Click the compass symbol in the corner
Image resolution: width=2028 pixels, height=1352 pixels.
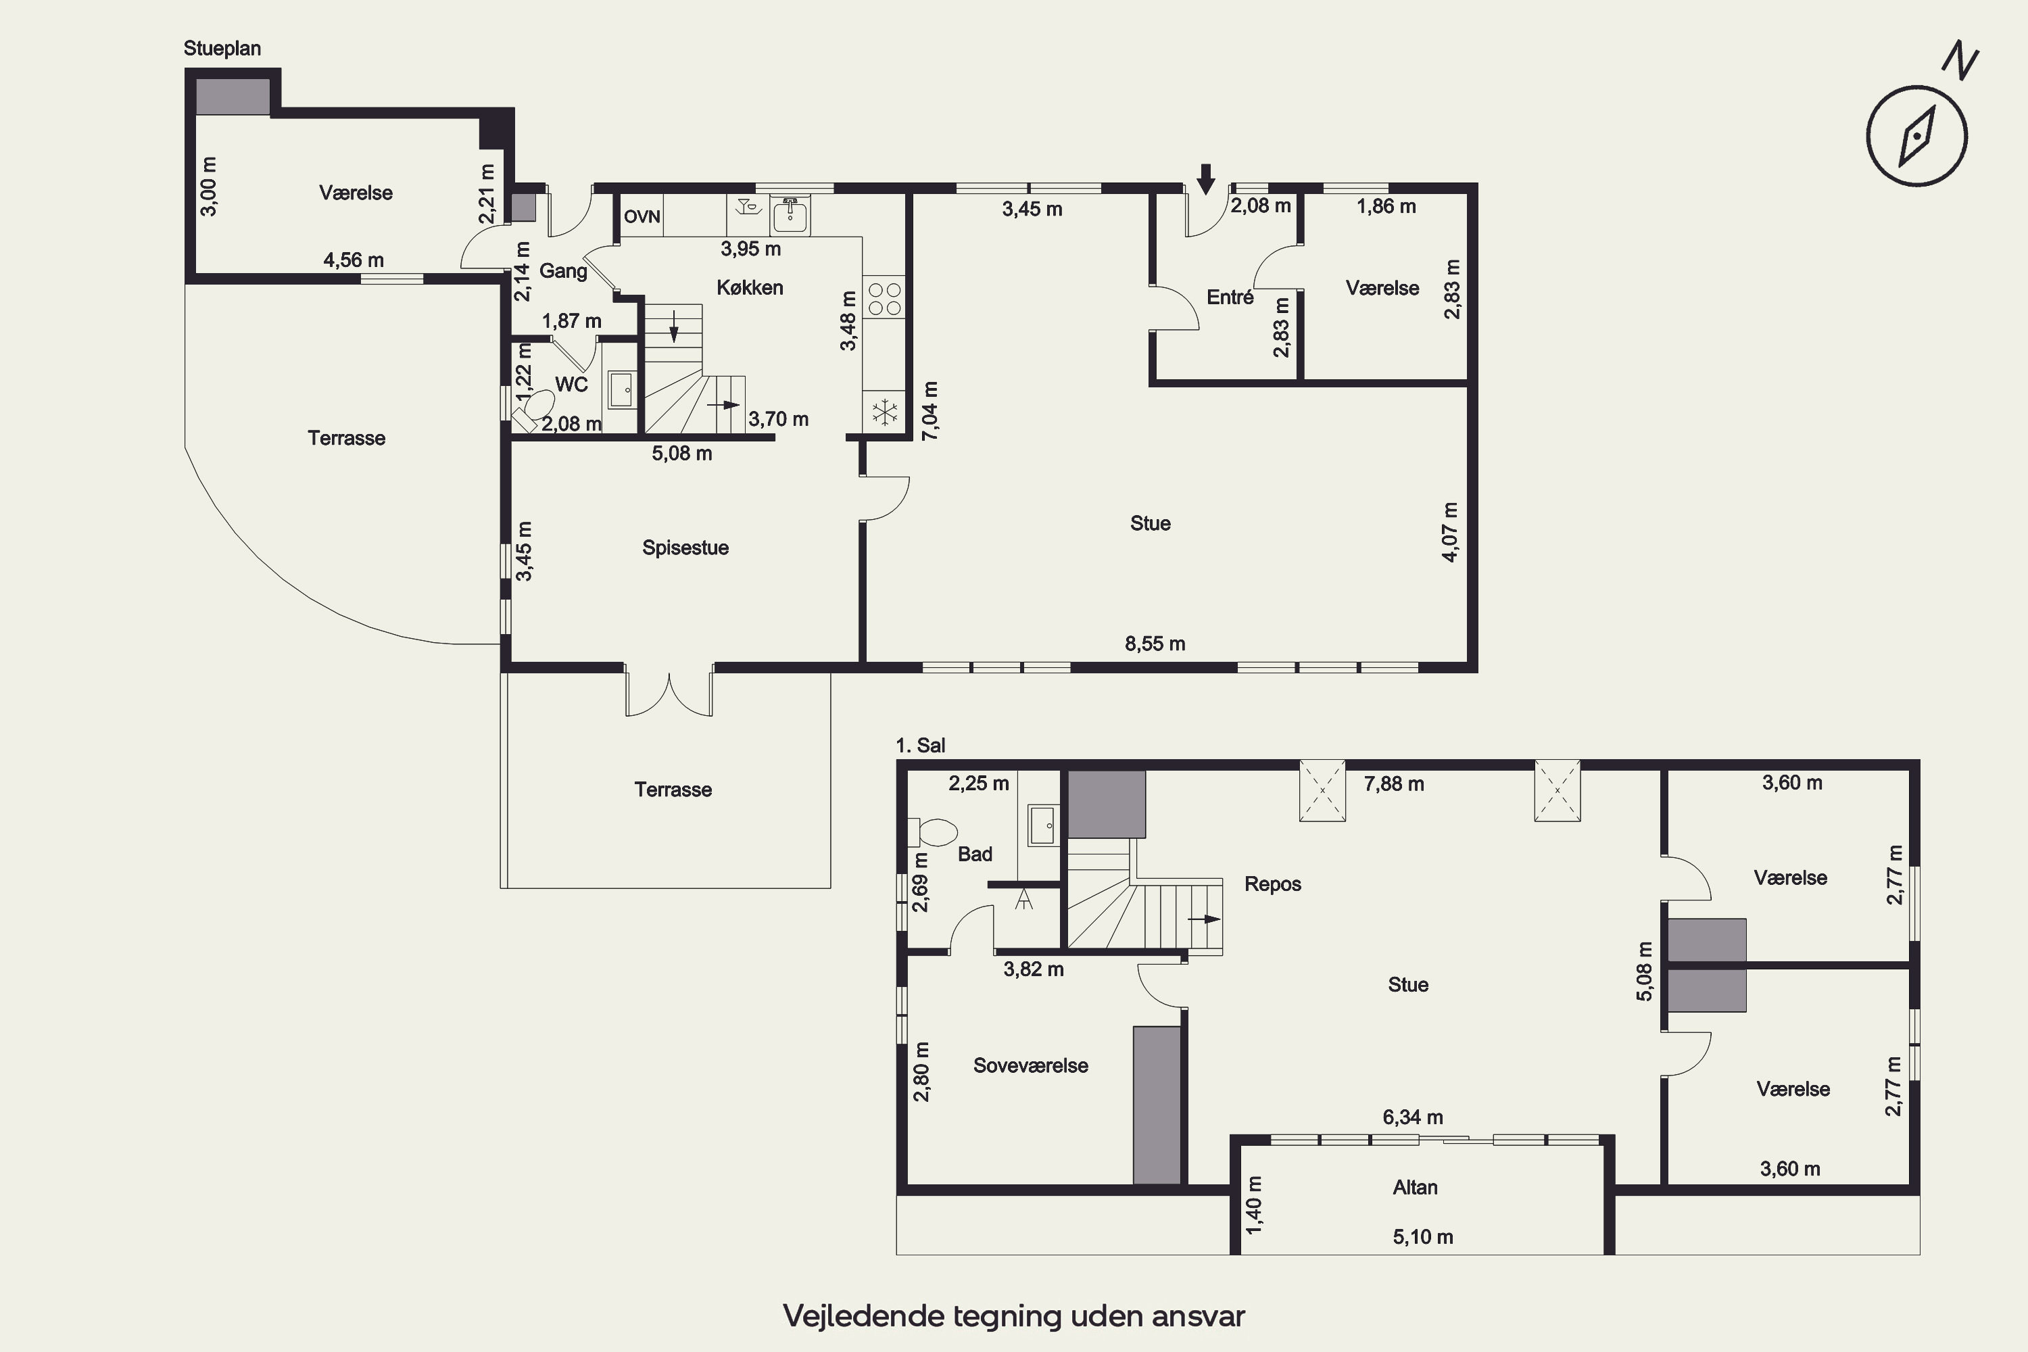[x=1916, y=135]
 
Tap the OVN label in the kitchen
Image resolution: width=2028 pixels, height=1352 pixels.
[x=642, y=216]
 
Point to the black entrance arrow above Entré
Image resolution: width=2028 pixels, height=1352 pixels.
[x=1206, y=178]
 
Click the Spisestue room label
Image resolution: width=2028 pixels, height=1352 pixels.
[x=685, y=548]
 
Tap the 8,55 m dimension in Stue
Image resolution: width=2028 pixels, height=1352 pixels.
[x=1155, y=644]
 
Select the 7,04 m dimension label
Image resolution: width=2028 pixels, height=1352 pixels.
[x=930, y=410]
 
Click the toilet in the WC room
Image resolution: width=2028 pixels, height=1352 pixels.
[x=535, y=410]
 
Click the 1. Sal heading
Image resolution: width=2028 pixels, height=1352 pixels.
[x=920, y=745]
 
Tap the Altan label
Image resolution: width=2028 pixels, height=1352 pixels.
[x=1415, y=1187]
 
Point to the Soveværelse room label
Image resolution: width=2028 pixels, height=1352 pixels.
[x=1030, y=1066]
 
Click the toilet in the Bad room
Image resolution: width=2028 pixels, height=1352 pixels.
[x=934, y=832]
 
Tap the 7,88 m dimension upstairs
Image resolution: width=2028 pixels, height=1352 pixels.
[x=1393, y=783]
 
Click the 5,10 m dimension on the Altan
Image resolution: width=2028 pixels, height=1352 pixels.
[x=1423, y=1237]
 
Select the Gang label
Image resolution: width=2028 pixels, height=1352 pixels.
[x=563, y=272]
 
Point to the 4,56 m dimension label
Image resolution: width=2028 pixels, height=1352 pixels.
[x=354, y=260]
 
